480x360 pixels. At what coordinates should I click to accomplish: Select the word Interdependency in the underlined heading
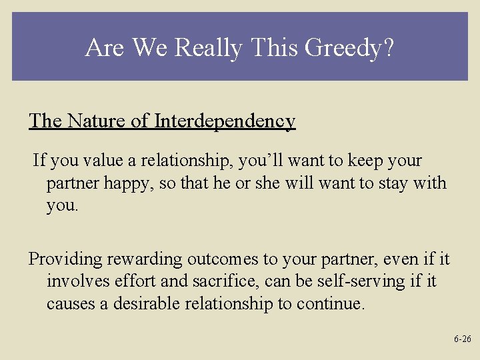click(x=225, y=121)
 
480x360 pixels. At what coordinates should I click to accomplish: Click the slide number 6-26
click(x=462, y=339)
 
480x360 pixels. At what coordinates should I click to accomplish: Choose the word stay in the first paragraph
click(x=391, y=183)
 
